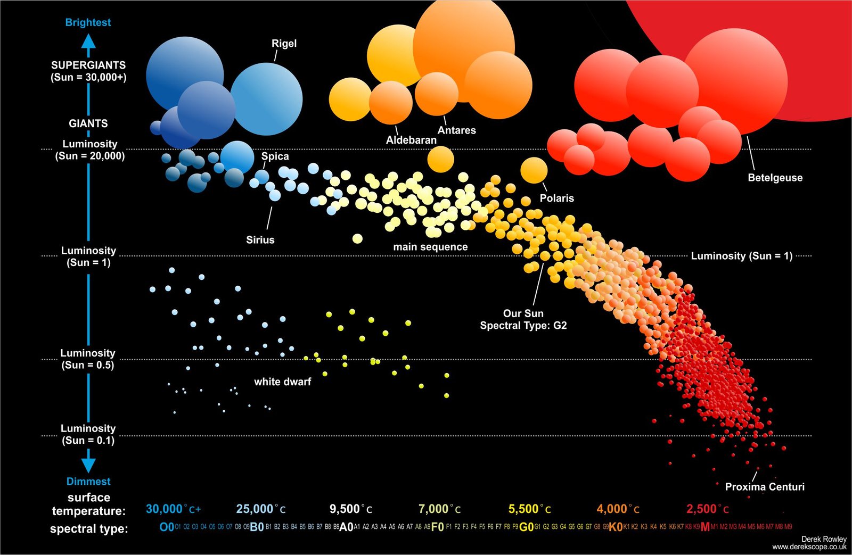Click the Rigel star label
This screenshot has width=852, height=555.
tap(284, 44)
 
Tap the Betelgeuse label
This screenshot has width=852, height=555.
tap(775, 178)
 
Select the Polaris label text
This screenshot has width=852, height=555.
tap(556, 198)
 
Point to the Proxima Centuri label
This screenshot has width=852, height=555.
tap(765, 486)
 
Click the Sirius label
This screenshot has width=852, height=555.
tap(260, 240)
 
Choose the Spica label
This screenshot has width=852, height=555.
tap(275, 156)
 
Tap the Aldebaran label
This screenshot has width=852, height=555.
tap(411, 140)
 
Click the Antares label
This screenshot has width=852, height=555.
tap(456, 130)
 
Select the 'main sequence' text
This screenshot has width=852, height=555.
tap(430, 247)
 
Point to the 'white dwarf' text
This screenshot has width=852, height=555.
tap(282, 382)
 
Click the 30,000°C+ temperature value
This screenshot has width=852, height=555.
tap(173, 509)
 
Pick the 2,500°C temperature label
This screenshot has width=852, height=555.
tap(707, 509)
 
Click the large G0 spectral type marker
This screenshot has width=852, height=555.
tap(526, 527)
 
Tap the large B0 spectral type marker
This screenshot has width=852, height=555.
tap(257, 527)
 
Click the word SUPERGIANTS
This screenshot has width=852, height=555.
tap(88, 65)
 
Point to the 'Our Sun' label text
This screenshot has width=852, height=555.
tap(523, 313)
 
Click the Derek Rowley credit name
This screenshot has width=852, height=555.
tap(823, 539)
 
